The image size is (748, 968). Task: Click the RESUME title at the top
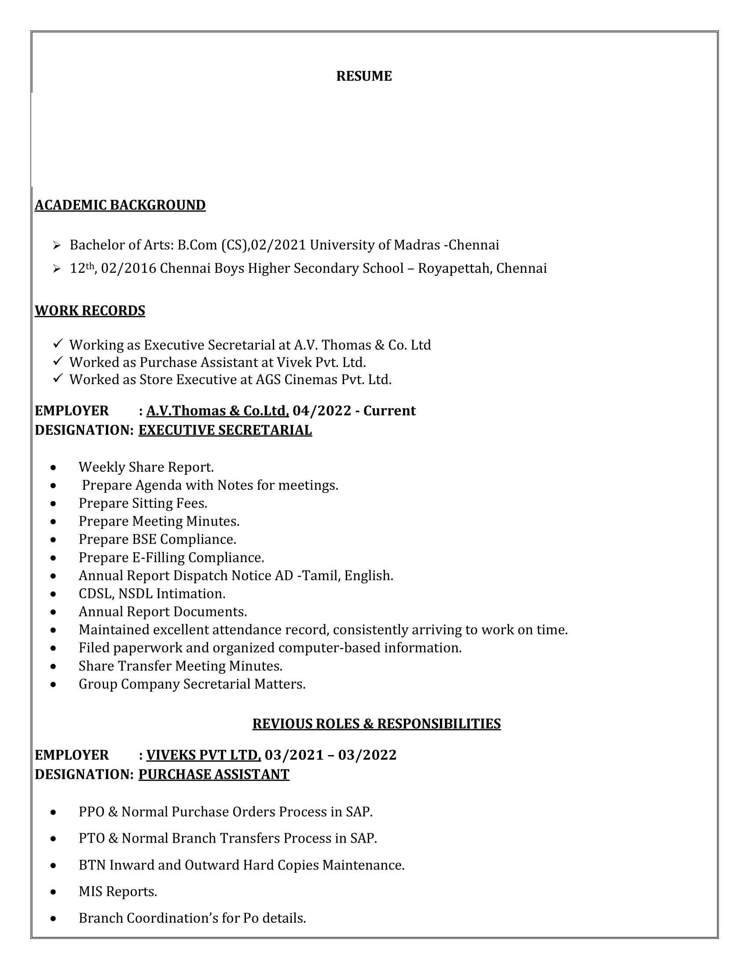(x=364, y=76)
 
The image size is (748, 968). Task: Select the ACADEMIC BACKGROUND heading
(x=120, y=205)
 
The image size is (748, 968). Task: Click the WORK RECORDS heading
(x=90, y=311)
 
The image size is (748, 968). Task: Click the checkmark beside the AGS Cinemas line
(x=58, y=378)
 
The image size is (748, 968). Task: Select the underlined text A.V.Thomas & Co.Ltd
(x=217, y=411)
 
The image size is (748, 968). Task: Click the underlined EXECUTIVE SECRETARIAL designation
(x=225, y=430)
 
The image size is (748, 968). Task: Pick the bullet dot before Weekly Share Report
(x=54, y=468)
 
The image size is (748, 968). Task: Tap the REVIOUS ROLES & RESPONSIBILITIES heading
(x=376, y=724)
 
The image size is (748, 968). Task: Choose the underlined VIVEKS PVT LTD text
(x=203, y=755)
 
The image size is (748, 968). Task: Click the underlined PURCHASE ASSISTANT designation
(x=213, y=774)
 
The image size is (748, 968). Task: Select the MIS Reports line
(x=118, y=892)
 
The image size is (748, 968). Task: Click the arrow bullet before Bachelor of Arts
(x=56, y=245)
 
